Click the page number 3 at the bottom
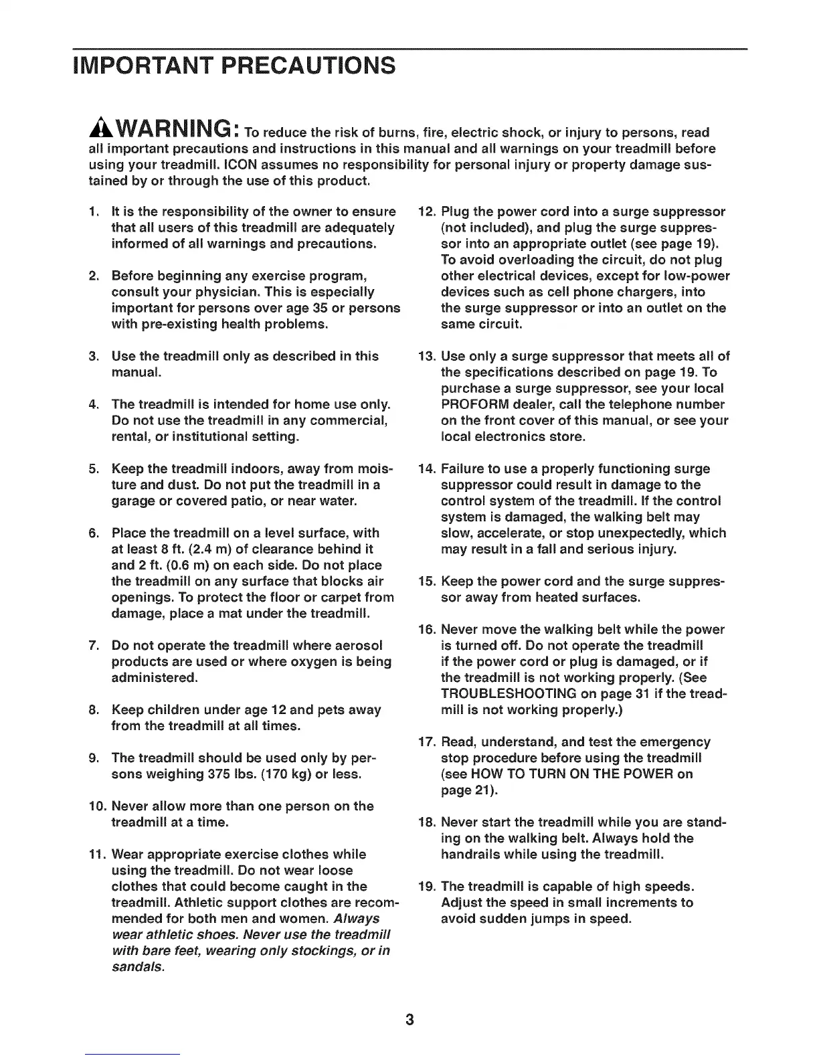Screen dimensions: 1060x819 [x=409, y=1019]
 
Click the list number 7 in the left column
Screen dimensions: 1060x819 [x=94, y=646]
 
